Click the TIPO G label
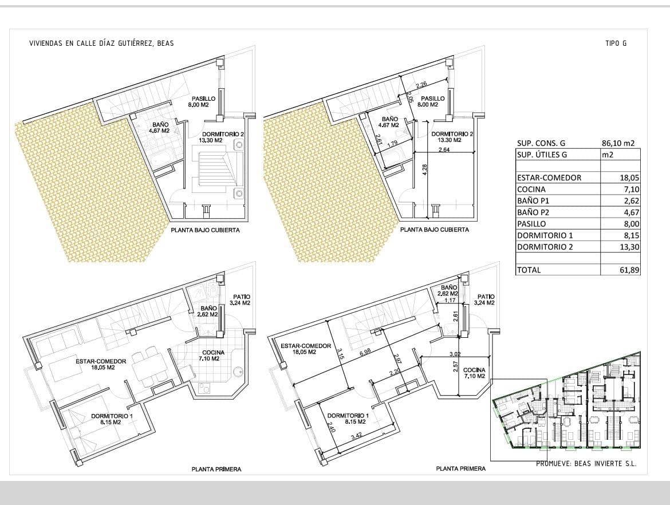click(616, 44)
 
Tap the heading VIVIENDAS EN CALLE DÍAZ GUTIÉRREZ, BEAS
click(101, 44)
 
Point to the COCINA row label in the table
click(531, 190)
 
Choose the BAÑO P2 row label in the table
click(534, 212)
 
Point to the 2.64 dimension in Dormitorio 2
click(443, 150)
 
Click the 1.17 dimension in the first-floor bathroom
click(449, 300)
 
